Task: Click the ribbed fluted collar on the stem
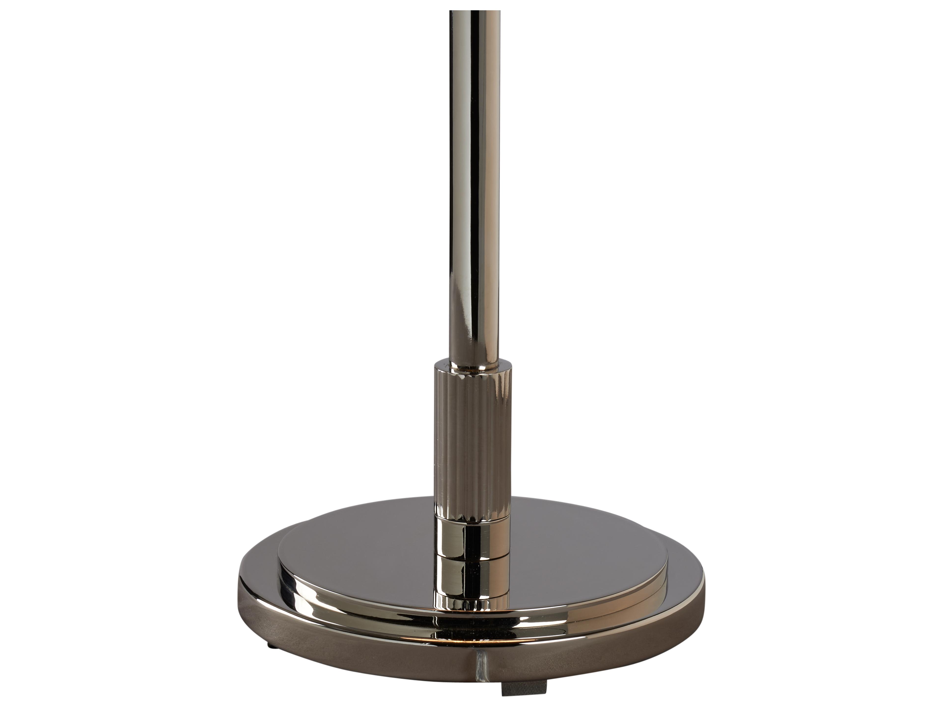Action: pos(472,443)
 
